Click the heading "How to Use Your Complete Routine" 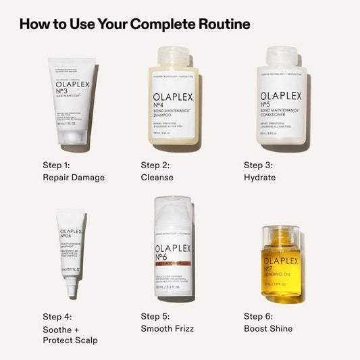pyautogui.click(x=134, y=24)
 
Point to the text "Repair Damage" pyautogui.click(x=74, y=178)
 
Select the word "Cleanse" pyautogui.click(x=157, y=178)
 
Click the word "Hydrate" pyautogui.click(x=260, y=178)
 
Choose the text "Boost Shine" pyautogui.click(x=268, y=328)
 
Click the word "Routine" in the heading pyautogui.click(x=224, y=24)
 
